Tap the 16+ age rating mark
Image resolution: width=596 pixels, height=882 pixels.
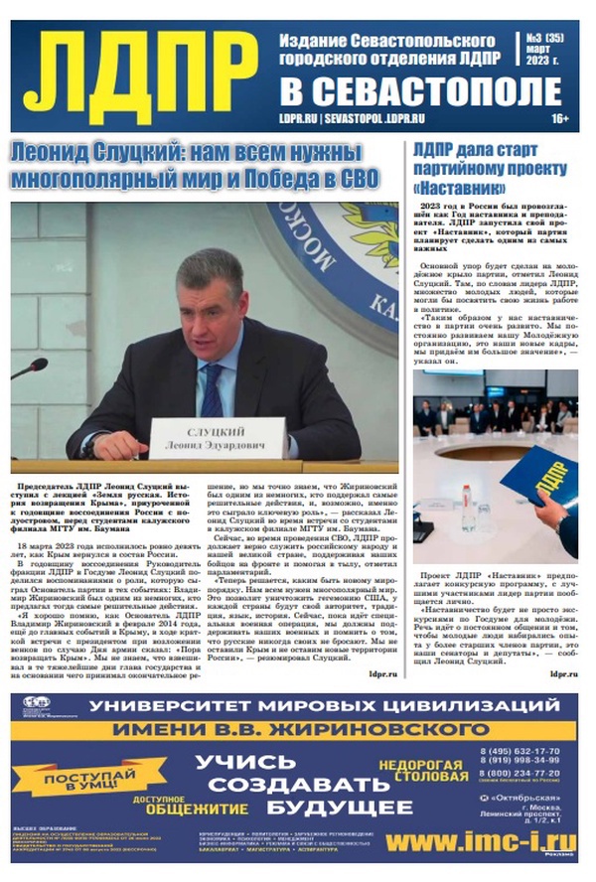coord(559,119)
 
